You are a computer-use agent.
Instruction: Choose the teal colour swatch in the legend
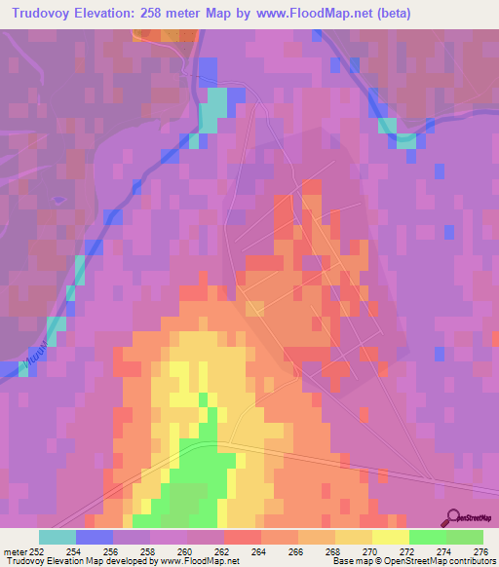(x=58, y=537)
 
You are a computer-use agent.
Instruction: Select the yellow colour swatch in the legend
(x=391, y=537)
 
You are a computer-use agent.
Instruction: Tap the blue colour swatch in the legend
(x=95, y=537)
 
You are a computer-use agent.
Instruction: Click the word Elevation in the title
(x=110, y=13)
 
